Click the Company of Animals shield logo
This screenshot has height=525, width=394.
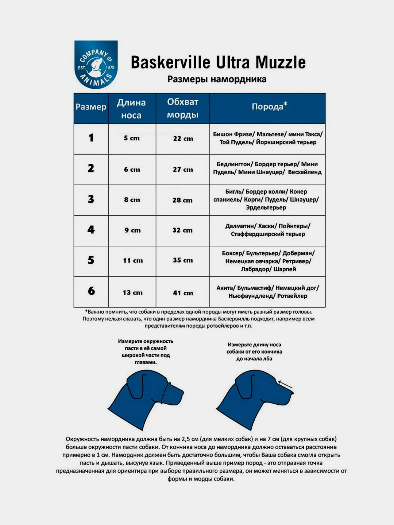tap(96, 64)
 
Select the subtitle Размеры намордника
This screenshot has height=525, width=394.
tap(217, 79)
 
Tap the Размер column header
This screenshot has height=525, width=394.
tap(91, 107)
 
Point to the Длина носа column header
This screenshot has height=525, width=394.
tap(131, 109)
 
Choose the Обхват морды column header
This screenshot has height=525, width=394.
tap(182, 108)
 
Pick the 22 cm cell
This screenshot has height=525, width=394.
tap(183, 139)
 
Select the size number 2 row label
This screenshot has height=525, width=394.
tap(91, 168)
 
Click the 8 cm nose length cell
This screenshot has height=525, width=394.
tap(132, 200)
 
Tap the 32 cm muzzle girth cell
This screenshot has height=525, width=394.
tap(182, 230)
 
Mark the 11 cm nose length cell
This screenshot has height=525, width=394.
tap(133, 260)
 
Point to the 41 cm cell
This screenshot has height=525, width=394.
tap(183, 293)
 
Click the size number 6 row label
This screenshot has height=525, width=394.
tap(91, 291)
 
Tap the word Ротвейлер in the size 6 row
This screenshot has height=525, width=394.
tap(292, 296)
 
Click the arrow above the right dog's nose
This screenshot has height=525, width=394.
tap(285, 384)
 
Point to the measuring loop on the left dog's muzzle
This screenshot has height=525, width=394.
tap(165, 392)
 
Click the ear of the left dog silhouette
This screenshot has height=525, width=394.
tap(135, 387)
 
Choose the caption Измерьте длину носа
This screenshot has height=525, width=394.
tap(254, 345)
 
